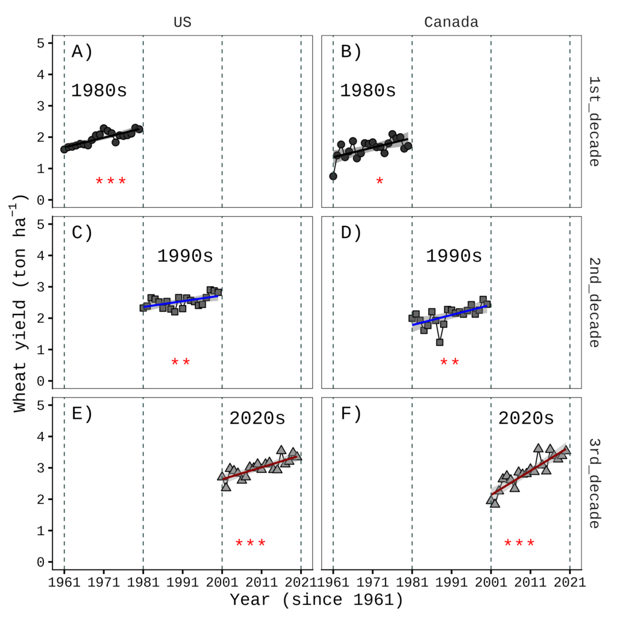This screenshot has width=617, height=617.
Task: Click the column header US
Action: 183,23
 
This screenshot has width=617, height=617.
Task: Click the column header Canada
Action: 451,23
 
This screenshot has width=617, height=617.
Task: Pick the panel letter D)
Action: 351,233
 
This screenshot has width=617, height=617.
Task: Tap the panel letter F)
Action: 351,414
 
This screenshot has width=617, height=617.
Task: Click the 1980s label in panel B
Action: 368,91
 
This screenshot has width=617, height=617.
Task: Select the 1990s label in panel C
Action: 185,255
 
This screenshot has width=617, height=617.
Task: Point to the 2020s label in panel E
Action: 257,418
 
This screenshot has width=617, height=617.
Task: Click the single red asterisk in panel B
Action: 380,181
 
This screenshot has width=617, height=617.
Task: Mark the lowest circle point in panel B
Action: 333,176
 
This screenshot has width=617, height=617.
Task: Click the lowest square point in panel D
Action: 440,342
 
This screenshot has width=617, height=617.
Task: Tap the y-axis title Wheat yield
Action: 22,302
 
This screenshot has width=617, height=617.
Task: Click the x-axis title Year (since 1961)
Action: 316,600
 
